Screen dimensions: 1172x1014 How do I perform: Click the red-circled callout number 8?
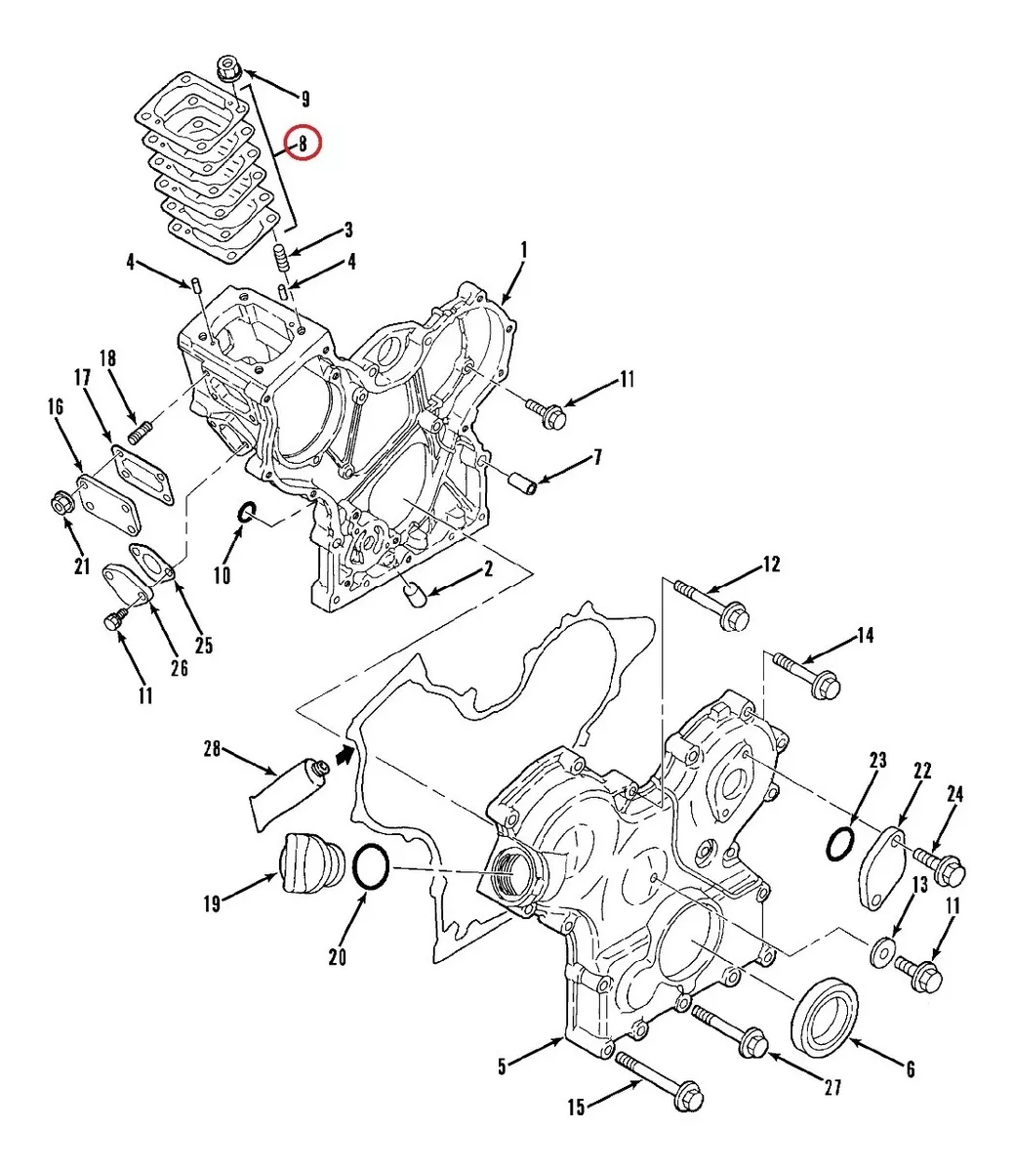(x=303, y=145)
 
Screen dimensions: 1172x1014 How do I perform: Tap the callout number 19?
(x=213, y=903)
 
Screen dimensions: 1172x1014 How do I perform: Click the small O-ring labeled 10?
(x=247, y=511)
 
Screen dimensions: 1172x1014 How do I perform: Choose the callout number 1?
(x=523, y=251)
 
